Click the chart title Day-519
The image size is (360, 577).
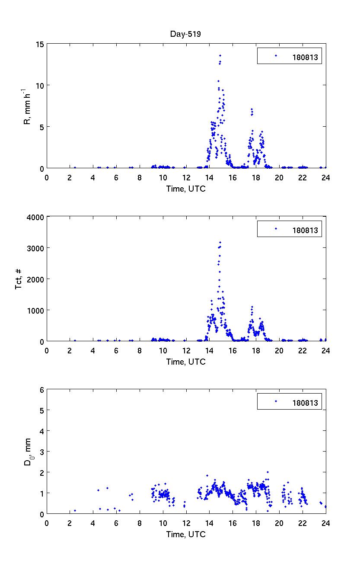click(186, 34)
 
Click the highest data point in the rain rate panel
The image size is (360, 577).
click(220, 55)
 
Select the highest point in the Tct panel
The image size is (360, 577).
click(220, 242)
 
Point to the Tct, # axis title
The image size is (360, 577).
click(19, 279)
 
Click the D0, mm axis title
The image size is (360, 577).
click(28, 452)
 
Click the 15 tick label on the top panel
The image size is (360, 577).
click(40, 44)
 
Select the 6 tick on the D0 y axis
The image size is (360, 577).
click(41, 389)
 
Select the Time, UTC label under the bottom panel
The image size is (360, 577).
click(186, 535)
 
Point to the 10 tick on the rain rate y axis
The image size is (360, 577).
click(40, 85)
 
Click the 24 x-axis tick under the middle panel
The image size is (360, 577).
click(325, 350)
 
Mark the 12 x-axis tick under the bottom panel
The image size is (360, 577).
click(186, 523)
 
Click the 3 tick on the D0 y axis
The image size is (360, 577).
click(41, 452)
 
